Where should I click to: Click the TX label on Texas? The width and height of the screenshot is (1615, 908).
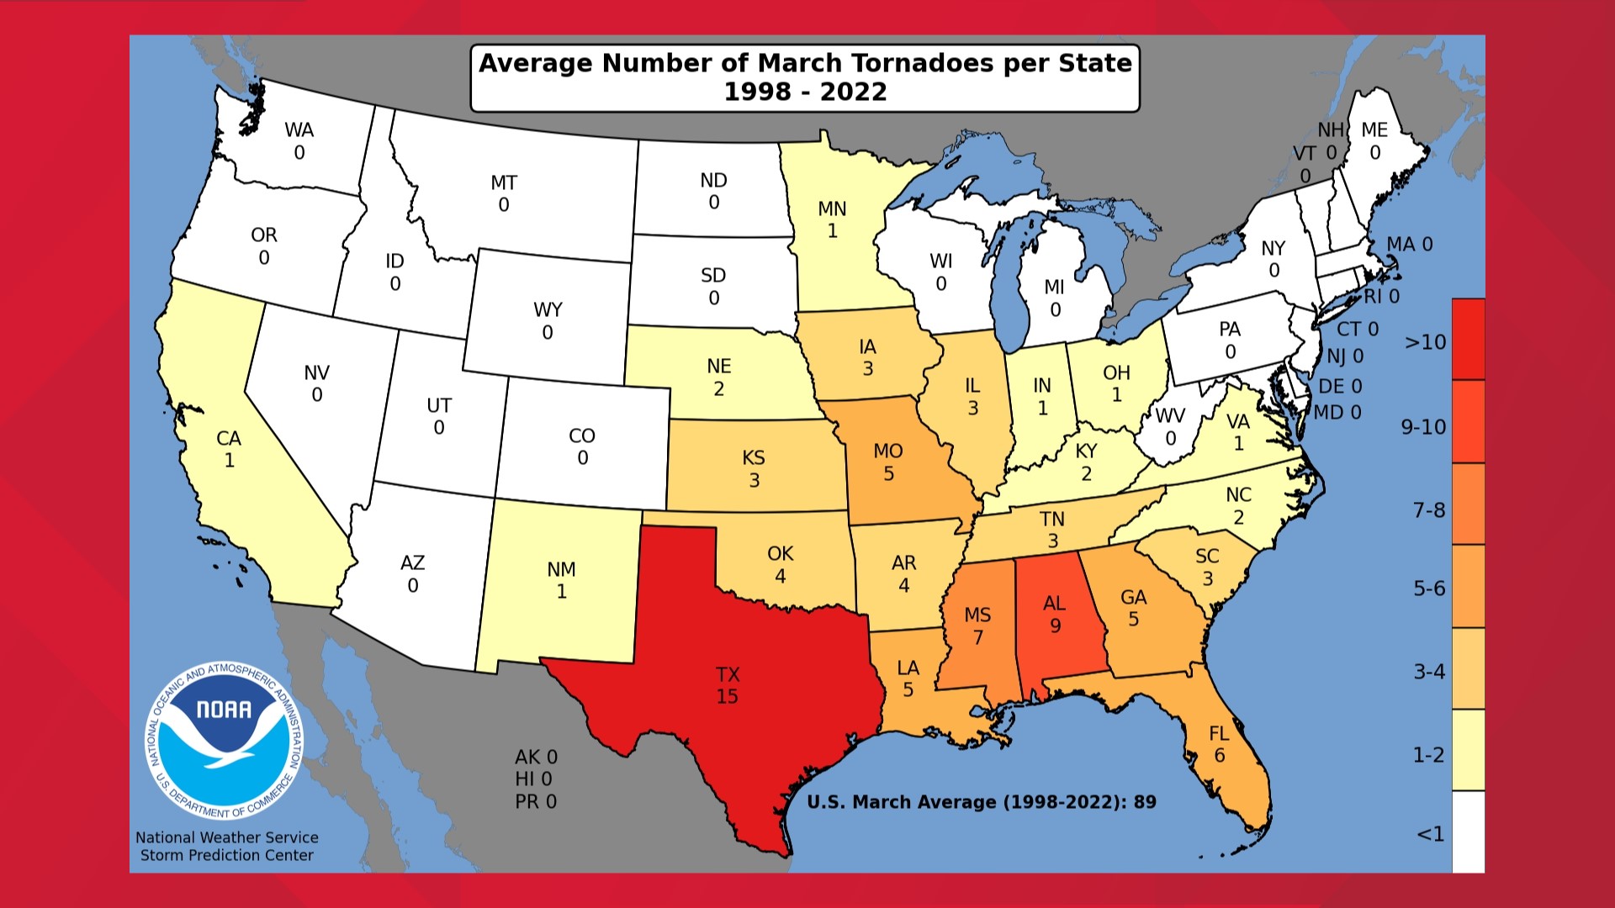click(x=728, y=674)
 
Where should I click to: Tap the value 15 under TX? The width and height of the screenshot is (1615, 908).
click(x=728, y=696)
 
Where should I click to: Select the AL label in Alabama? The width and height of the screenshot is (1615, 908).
click(x=1054, y=603)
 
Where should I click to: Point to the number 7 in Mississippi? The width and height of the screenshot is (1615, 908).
click(x=978, y=638)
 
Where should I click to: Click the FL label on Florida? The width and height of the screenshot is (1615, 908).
click(x=1219, y=733)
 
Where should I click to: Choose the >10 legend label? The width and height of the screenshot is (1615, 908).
click(x=1425, y=342)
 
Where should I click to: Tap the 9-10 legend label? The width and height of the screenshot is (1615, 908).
click(x=1423, y=427)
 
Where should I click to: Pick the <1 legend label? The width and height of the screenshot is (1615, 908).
click(x=1430, y=834)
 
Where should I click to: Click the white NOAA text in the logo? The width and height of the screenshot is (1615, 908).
click(x=224, y=710)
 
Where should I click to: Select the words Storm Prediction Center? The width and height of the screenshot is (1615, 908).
click(x=226, y=855)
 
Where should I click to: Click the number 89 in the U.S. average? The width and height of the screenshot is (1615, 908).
click(x=1145, y=802)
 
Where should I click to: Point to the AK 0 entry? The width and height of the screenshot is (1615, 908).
click(x=536, y=757)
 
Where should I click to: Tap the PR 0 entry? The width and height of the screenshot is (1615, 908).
click(x=536, y=802)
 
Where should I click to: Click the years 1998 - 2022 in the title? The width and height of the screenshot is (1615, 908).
click(x=805, y=92)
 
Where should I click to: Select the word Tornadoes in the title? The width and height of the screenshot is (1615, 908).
click(x=922, y=63)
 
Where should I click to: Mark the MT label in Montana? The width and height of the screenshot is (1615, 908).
click(x=504, y=182)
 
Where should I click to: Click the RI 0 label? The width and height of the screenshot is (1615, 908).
click(x=1381, y=296)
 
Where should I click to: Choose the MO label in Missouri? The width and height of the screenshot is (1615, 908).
click(x=888, y=451)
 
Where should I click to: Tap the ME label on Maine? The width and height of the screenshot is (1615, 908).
click(x=1374, y=129)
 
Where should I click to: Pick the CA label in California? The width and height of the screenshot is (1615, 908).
click(x=229, y=438)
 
